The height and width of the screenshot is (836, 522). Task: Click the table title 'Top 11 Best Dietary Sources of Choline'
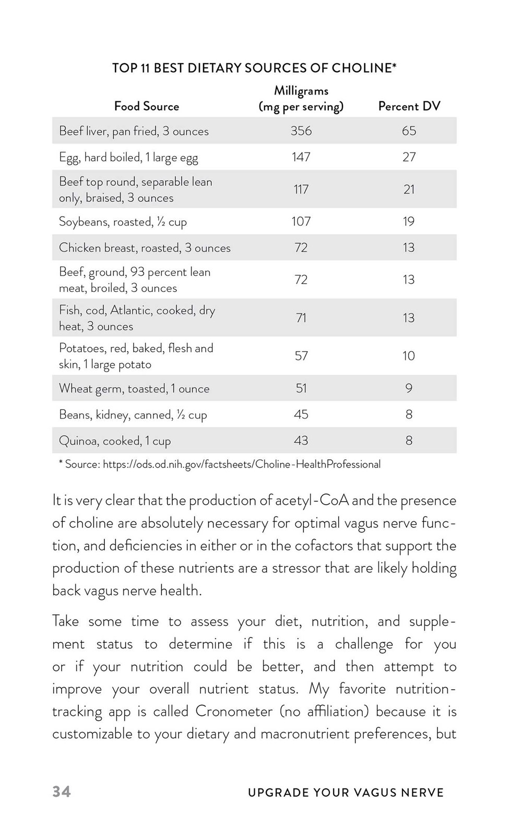pos(254,68)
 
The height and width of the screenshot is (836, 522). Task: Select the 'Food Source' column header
pos(147,107)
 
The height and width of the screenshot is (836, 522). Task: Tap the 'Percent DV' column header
pos(409,107)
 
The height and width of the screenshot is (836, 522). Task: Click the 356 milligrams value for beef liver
pos(301,131)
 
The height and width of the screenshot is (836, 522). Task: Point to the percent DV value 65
pos(409,131)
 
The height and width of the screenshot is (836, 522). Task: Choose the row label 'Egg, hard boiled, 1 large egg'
pos(128,157)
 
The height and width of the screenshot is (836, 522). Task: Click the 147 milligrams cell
pos(301,157)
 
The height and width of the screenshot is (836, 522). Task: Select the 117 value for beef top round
pos(301,189)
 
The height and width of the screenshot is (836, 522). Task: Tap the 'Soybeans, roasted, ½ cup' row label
pos(123,222)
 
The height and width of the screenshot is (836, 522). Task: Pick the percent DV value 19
pos(409,222)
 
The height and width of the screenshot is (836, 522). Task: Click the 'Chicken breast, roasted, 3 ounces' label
pos(145,248)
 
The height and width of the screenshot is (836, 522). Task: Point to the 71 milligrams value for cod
pos(301,318)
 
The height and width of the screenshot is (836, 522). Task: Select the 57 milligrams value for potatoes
pos(301,356)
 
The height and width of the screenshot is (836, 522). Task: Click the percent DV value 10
pos(409,356)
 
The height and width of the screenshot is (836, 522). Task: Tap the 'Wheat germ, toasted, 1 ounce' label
pos(134,389)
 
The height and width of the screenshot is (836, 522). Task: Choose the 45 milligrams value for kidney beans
pos(301,414)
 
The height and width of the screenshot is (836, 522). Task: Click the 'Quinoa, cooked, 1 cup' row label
pos(115,441)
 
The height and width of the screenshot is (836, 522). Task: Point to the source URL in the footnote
pos(242,464)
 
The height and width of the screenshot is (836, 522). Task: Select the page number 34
pos(62,792)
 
